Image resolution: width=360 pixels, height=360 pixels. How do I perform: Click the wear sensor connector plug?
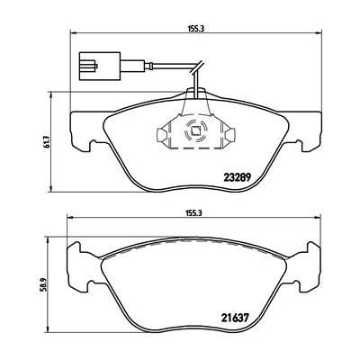click(x=91, y=67)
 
